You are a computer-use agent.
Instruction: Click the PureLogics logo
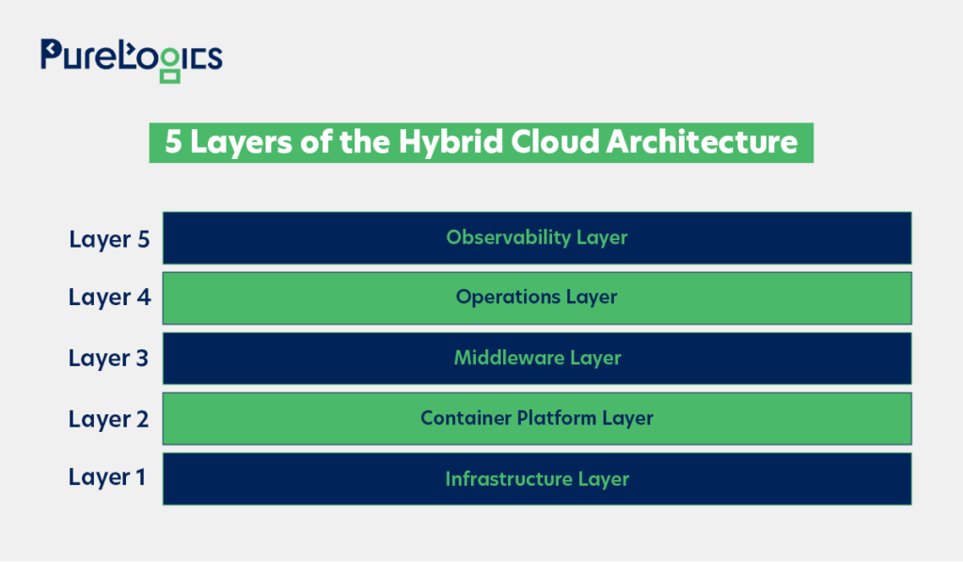(x=132, y=60)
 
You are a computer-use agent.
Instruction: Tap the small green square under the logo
(x=170, y=76)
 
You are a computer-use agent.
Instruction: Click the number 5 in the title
(x=174, y=141)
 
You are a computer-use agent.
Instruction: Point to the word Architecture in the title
(x=702, y=142)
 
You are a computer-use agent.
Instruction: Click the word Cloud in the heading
(x=555, y=141)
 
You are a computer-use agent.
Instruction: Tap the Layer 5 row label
(x=109, y=239)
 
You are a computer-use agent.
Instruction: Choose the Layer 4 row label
(x=109, y=297)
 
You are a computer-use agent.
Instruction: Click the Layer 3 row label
(x=109, y=359)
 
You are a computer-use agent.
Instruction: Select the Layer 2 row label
(x=109, y=419)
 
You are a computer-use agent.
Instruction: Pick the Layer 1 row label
(x=107, y=477)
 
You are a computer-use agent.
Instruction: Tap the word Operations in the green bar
(x=508, y=297)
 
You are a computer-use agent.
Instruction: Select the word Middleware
(x=509, y=357)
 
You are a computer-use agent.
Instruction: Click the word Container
(x=466, y=418)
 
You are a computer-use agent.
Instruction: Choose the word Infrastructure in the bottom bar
(x=509, y=478)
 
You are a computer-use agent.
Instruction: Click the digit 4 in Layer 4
(x=144, y=297)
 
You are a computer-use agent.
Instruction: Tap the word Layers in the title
(x=241, y=143)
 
